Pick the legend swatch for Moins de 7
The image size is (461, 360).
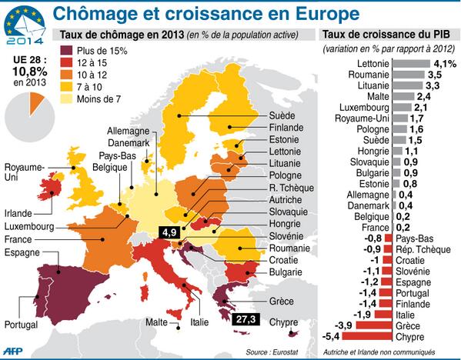point(70,99)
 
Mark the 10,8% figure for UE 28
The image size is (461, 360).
point(28,70)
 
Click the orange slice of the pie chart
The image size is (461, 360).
point(36,101)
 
